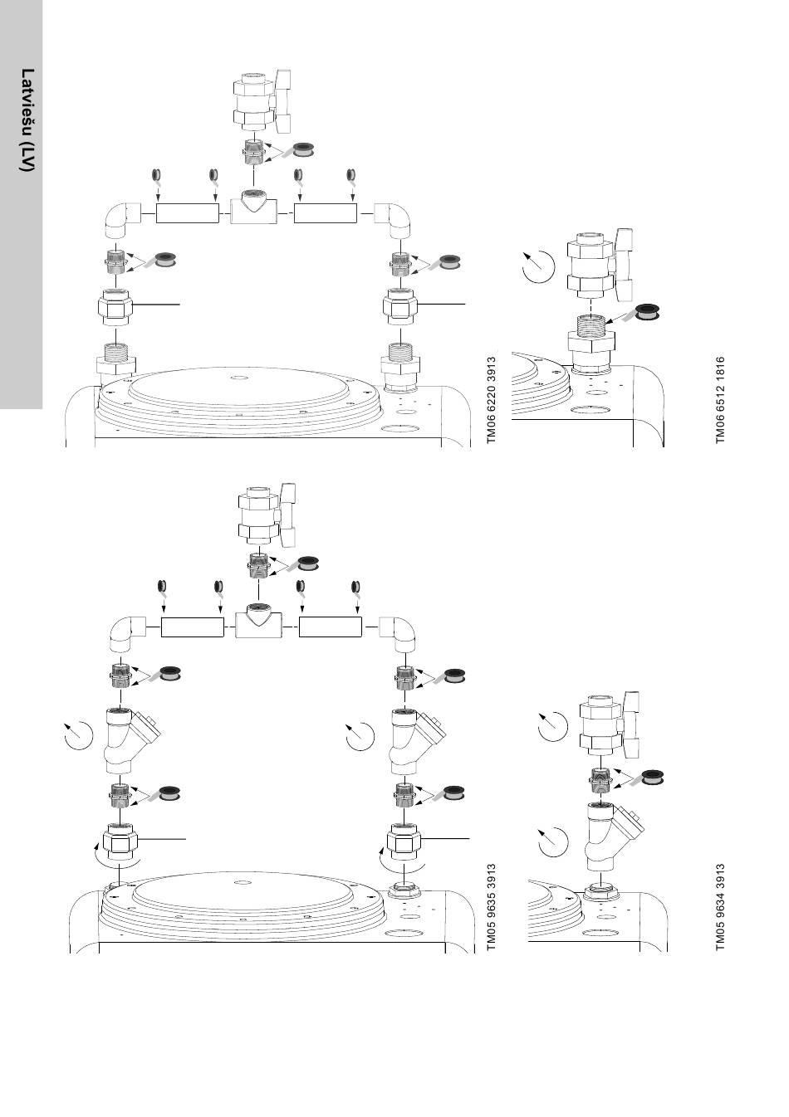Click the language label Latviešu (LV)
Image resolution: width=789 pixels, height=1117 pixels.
[x=27, y=120]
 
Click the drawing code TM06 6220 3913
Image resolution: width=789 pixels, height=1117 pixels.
[x=491, y=400]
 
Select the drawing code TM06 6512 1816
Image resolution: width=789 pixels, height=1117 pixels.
[x=719, y=400]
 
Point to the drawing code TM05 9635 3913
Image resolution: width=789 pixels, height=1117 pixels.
[x=491, y=906]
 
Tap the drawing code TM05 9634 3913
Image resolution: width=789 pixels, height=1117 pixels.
[x=719, y=906]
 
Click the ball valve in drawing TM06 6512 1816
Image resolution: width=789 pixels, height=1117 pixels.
[x=600, y=266]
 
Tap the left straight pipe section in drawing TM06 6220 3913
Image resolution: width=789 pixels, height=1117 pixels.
[x=187, y=213]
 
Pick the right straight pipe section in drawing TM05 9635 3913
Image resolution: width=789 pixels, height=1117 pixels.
[x=331, y=627]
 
